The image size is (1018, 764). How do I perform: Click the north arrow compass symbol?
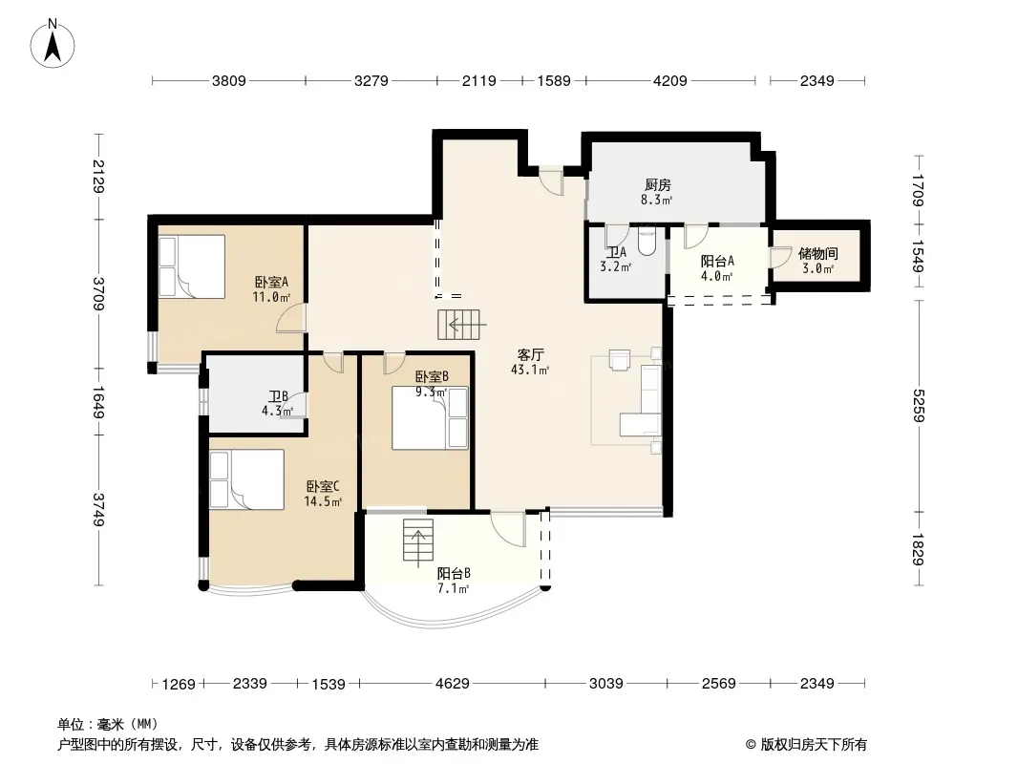[53, 44]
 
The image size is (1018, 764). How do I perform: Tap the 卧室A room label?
[270, 283]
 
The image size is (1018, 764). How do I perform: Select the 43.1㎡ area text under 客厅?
[530, 371]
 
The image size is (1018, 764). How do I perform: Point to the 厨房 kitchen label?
[657, 185]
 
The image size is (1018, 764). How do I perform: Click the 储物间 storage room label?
[817, 253]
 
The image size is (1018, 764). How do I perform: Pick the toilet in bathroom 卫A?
[647, 241]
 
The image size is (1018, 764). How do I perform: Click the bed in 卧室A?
[192, 266]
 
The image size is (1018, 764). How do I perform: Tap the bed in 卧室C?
[246, 479]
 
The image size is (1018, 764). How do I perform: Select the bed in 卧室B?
[430, 418]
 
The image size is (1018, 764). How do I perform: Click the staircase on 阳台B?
[418, 540]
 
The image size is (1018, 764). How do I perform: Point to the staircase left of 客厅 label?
[458, 325]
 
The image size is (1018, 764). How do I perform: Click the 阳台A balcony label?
[717, 261]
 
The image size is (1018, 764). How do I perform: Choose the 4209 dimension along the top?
[670, 81]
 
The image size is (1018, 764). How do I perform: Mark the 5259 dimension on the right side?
[919, 406]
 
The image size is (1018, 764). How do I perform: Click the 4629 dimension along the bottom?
[453, 684]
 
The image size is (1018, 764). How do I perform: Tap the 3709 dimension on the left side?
[98, 294]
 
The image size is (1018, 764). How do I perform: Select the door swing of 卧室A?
[290, 318]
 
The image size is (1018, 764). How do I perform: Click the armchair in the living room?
[620, 360]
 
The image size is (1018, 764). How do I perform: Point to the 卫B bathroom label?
[278, 396]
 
